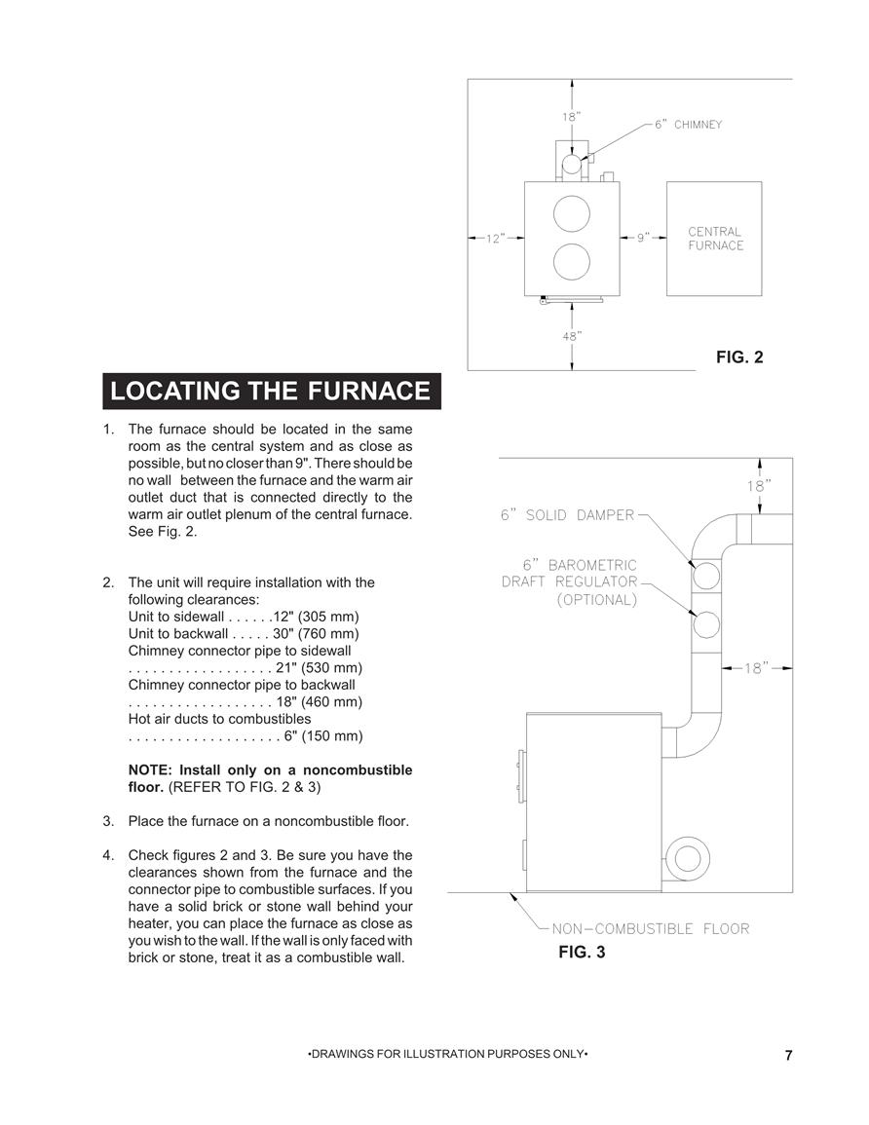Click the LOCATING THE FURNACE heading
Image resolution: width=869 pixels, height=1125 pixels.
click(271, 391)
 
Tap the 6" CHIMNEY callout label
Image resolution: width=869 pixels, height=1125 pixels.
click(688, 125)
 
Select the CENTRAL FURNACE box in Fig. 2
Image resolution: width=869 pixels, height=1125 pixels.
click(714, 239)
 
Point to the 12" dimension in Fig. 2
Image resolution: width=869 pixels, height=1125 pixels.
click(495, 239)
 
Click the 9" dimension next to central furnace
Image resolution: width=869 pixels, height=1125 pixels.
click(643, 238)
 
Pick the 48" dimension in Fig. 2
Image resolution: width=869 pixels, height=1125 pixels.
click(572, 335)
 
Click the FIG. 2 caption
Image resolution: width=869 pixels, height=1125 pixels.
click(739, 356)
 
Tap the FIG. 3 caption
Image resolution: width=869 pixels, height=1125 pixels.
click(582, 952)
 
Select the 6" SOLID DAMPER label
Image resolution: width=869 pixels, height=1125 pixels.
click(568, 515)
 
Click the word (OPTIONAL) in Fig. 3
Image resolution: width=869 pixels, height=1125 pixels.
click(597, 600)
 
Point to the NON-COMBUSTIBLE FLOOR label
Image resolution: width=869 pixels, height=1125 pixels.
click(651, 929)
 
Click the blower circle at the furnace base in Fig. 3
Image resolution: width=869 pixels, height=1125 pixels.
click(688, 858)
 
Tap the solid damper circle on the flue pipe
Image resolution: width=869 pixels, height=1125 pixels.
click(705, 576)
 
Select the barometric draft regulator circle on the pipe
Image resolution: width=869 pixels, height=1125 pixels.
click(705, 624)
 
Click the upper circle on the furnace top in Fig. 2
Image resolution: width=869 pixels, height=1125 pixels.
click(572, 214)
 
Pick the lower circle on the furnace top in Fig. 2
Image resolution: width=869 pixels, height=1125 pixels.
click(572, 262)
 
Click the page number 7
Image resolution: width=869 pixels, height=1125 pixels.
click(789, 1056)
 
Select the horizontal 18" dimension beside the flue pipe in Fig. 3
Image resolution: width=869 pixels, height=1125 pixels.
click(756, 668)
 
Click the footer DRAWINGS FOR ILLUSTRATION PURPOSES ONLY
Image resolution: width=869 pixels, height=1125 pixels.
click(448, 1054)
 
